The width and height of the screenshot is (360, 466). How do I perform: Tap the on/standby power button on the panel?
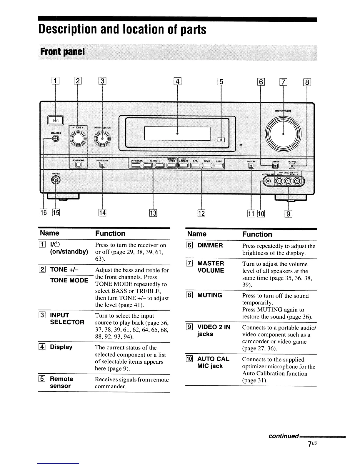55,120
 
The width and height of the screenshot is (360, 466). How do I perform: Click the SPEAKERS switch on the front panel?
55,139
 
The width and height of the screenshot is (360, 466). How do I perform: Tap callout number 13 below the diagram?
153,213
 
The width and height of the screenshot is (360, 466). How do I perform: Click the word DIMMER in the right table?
210,245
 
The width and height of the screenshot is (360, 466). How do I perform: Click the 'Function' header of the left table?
110,233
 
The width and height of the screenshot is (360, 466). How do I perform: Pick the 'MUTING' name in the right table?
210,295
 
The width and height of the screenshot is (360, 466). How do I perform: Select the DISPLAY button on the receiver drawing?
251,166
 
